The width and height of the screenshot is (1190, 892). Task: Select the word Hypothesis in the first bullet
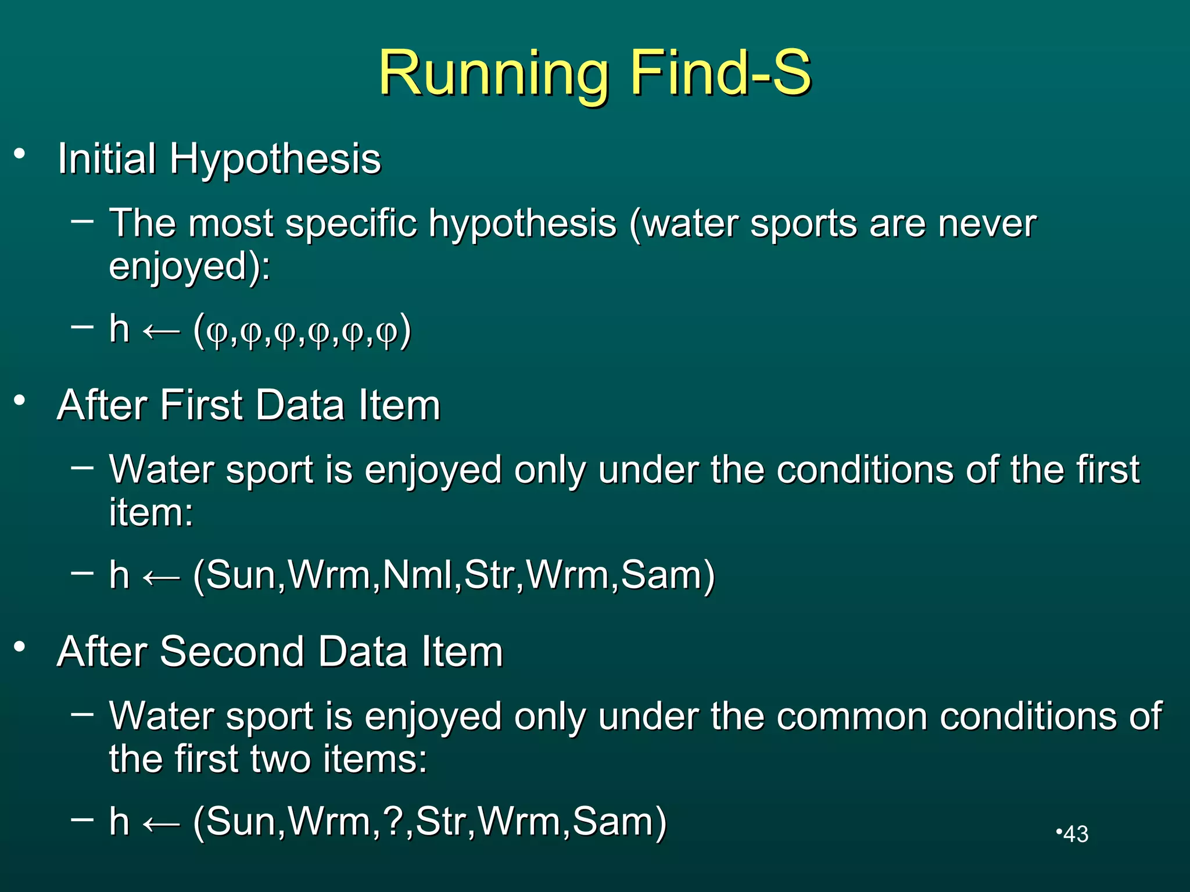pyautogui.click(x=275, y=159)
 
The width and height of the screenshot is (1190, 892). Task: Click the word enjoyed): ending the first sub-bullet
pyautogui.click(x=189, y=267)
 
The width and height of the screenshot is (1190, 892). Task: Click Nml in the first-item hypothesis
pyautogui.click(x=417, y=575)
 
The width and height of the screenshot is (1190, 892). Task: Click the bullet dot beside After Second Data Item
pyautogui.click(x=20, y=647)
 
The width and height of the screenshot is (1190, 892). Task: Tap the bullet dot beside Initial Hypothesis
pyautogui.click(x=20, y=154)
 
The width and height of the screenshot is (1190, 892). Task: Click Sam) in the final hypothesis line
pyautogui.click(x=619, y=821)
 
